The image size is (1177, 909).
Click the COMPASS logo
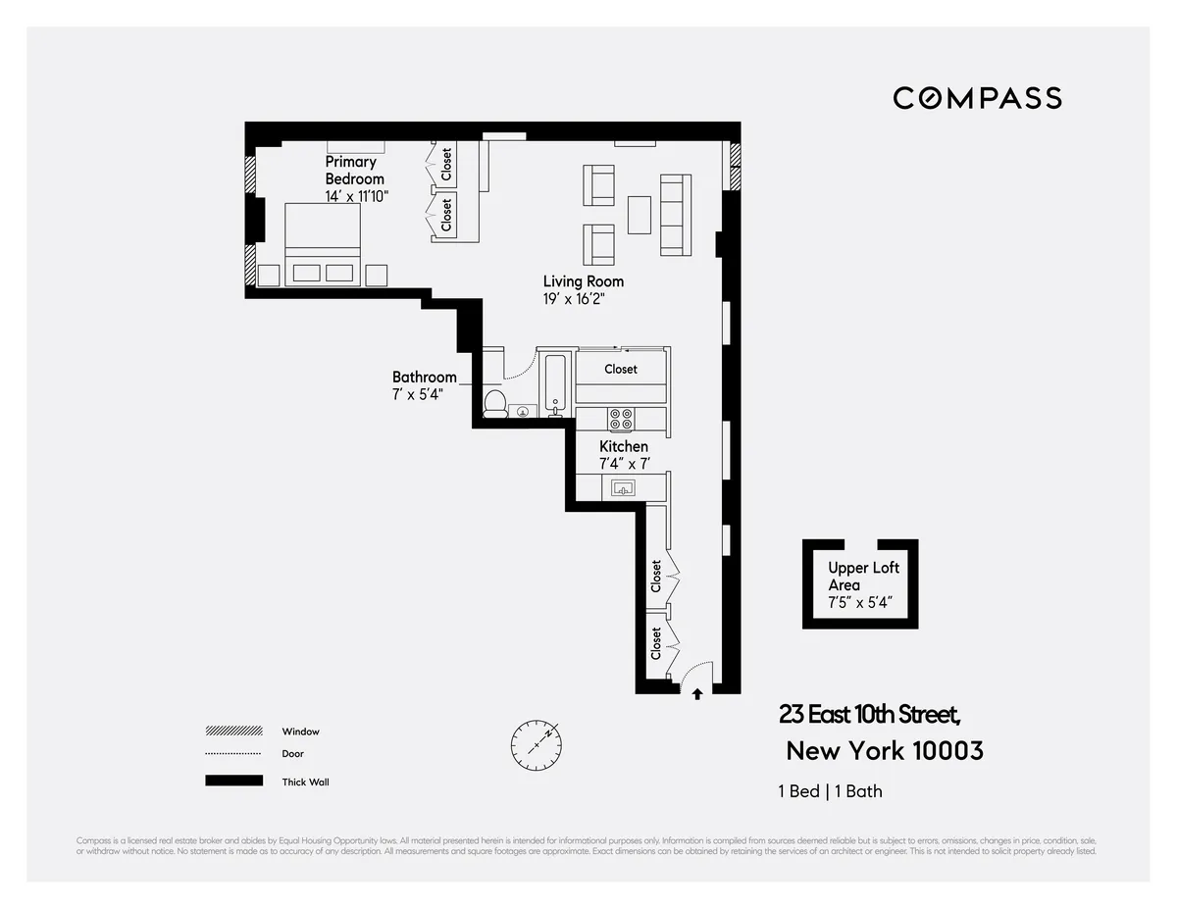(x=977, y=98)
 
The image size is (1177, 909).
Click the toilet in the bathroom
(x=495, y=402)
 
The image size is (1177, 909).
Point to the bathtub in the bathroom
(x=554, y=384)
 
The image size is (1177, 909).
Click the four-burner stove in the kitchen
(x=621, y=420)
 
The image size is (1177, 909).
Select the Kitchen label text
(x=624, y=446)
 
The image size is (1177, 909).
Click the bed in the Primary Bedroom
(x=323, y=245)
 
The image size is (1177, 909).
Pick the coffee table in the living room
(x=639, y=215)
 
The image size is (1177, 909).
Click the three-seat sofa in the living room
(x=675, y=215)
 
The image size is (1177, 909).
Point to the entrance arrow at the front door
(x=697, y=694)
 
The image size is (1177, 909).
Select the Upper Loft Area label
(x=862, y=577)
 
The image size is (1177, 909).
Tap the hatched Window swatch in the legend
(x=233, y=732)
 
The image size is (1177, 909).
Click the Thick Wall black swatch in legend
(x=233, y=782)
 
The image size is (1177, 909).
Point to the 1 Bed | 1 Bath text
(x=830, y=791)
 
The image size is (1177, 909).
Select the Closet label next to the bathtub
(x=621, y=369)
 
